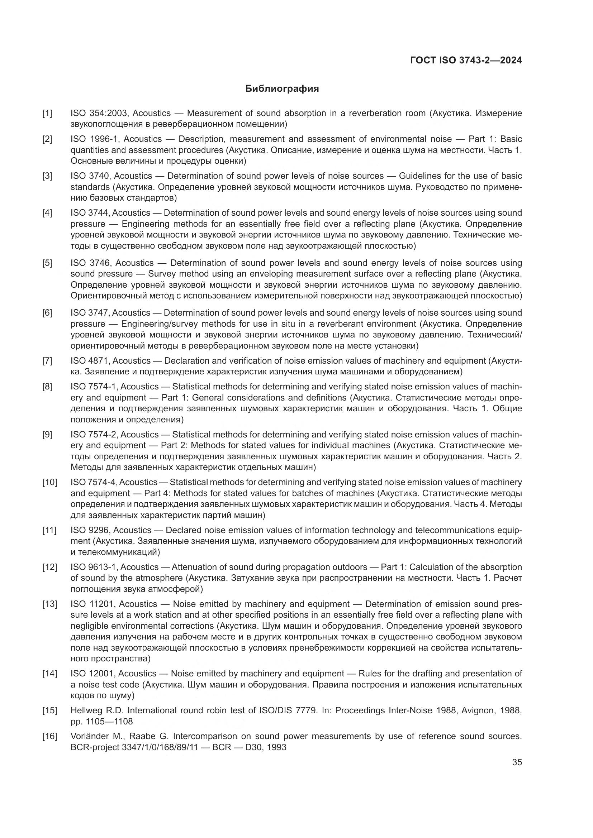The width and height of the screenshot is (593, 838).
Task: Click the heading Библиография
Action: (x=282, y=89)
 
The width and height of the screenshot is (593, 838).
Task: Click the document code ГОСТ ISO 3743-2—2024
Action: (x=466, y=61)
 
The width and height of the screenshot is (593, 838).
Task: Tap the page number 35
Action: (x=517, y=762)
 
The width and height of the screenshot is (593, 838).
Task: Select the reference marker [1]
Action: (x=47, y=114)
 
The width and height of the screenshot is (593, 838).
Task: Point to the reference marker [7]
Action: (x=47, y=361)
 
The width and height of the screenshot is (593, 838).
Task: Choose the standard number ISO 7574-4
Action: (x=93, y=483)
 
